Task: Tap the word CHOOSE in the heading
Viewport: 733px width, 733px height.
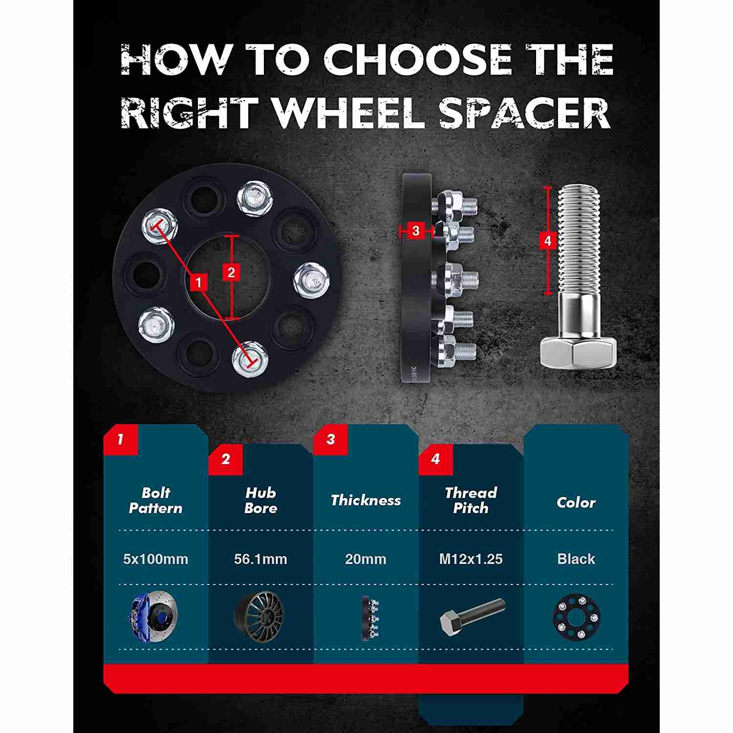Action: (417, 59)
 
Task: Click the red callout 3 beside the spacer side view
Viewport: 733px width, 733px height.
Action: (416, 231)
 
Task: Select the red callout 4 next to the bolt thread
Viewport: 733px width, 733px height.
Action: (547, 240)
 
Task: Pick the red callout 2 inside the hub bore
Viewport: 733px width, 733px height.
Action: (231, 272)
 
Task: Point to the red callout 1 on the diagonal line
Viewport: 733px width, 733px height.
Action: (198, 282)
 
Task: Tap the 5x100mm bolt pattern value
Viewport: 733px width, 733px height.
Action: (155, 559)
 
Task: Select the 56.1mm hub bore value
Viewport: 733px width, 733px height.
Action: (260, 559)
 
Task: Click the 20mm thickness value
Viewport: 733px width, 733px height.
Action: (366, 559)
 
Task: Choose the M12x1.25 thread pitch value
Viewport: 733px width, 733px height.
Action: (471, 559)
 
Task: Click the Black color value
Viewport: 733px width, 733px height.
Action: (576, 559)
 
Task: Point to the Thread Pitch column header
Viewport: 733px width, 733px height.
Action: (471, 500)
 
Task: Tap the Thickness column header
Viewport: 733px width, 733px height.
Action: (366, 500)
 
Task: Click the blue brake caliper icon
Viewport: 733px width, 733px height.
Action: (154, 616)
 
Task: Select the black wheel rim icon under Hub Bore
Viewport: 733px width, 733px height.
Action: (259, 616)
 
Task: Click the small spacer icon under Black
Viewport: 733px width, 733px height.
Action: (577, 617)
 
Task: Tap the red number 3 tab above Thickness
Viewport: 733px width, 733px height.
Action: (331, 439)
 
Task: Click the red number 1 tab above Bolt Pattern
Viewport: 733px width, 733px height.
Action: (121, 439)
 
